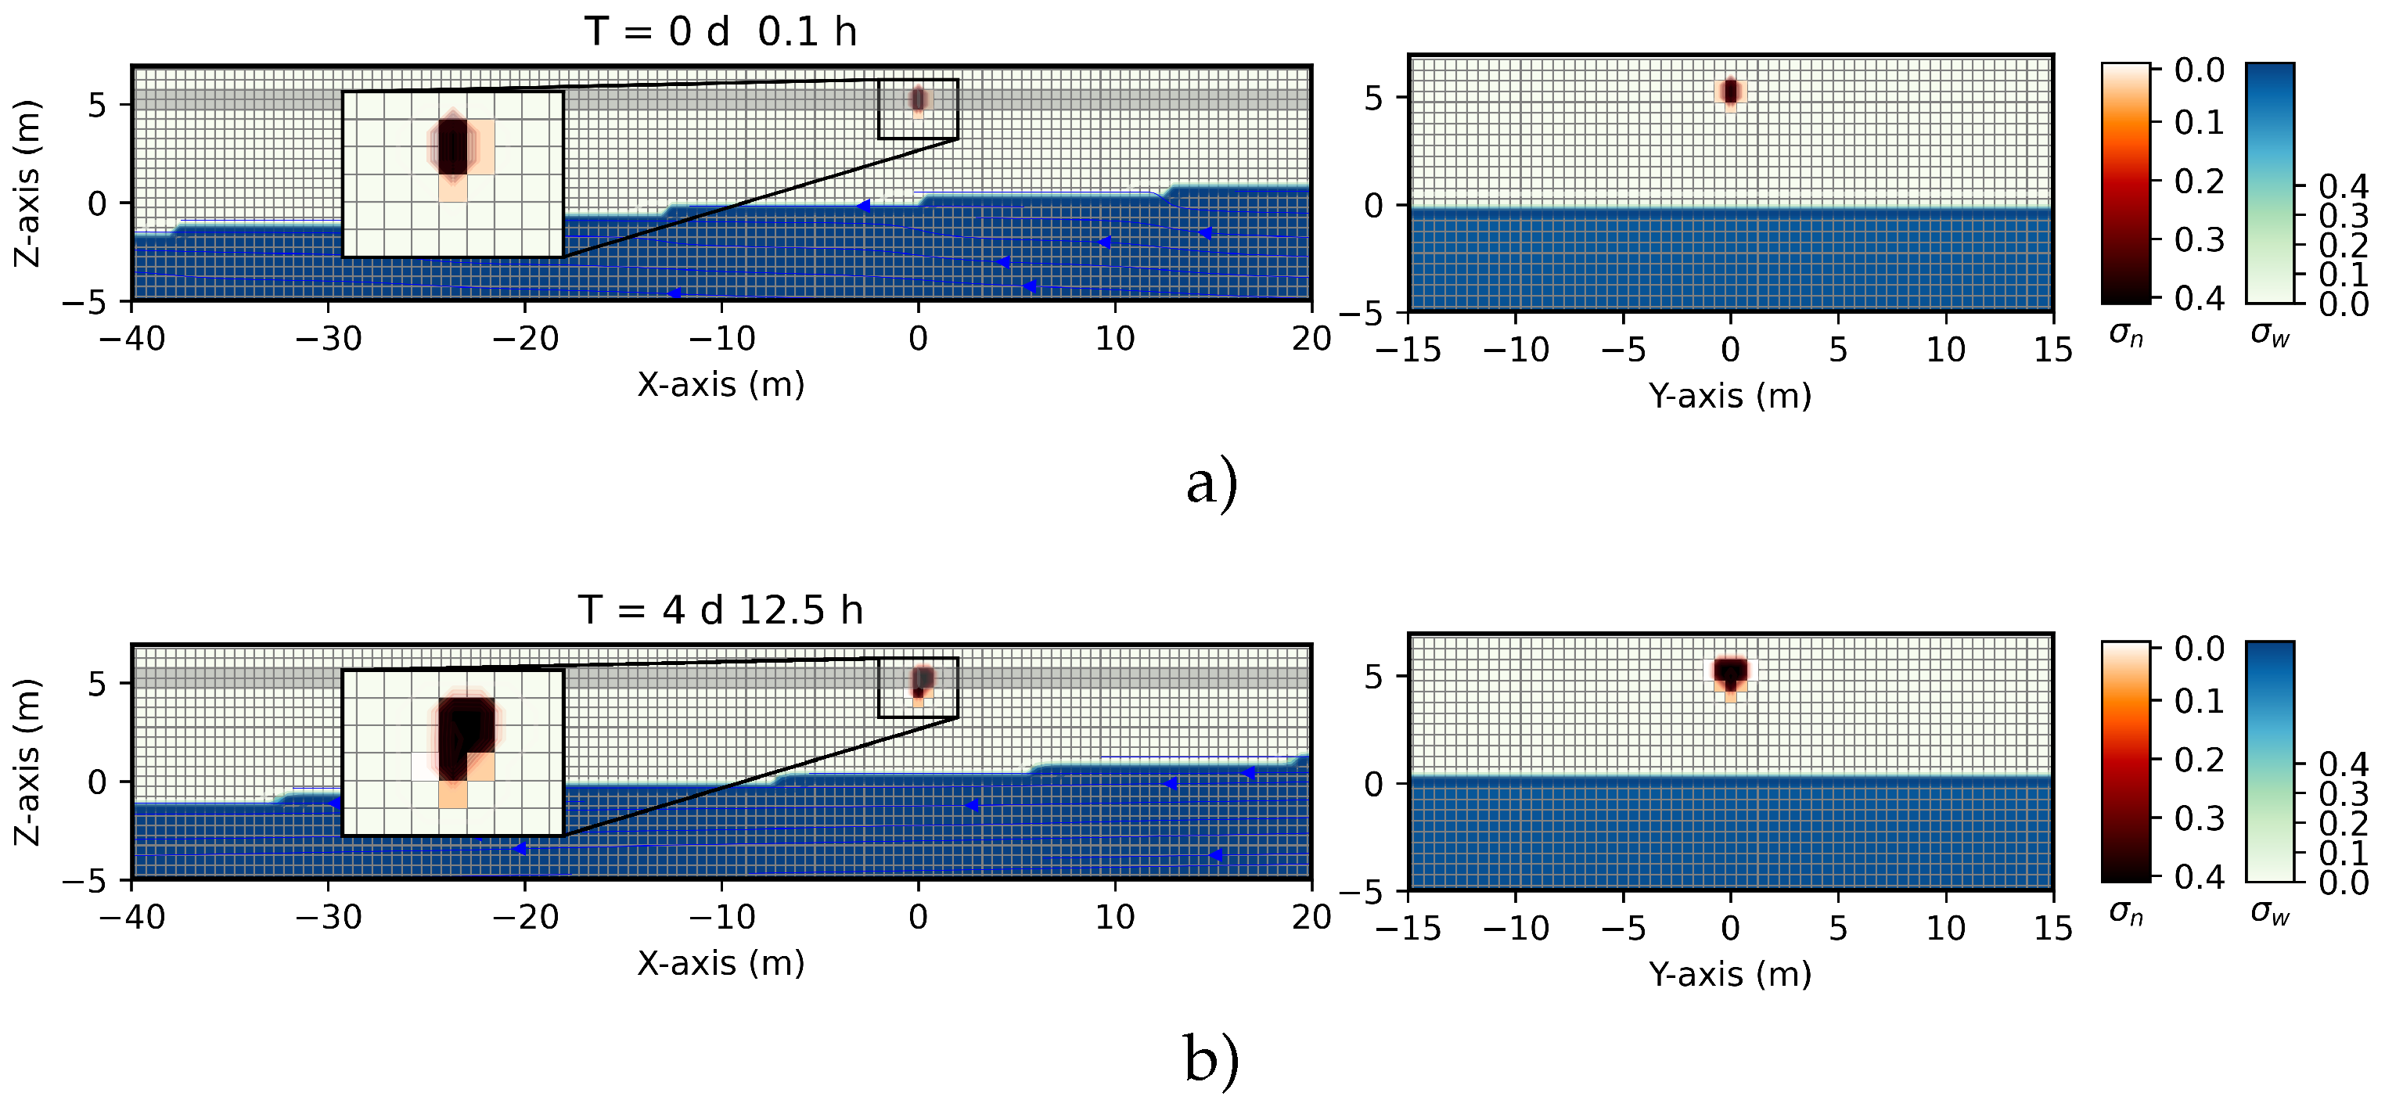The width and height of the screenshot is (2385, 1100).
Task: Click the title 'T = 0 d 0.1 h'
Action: coord(721,31)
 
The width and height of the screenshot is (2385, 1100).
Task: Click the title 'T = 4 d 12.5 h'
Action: coord(721,610)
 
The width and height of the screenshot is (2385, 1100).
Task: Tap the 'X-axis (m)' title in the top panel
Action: coord(721,383)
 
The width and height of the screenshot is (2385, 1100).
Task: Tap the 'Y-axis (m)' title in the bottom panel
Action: coord(1729,973)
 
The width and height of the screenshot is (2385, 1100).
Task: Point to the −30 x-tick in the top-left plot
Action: coord(329,339)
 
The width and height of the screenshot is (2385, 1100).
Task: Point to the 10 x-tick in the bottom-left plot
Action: coord(1115,917)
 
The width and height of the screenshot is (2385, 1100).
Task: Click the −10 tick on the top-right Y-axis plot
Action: coord(1516,349)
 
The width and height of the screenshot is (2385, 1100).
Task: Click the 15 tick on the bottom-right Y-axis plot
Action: coord(2052,927)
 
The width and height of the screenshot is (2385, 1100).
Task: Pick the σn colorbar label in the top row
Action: coord(2126,334)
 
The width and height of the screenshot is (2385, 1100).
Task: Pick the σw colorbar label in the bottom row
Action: coord(2270,913)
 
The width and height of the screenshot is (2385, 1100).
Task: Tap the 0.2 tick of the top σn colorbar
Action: coord(2200,181)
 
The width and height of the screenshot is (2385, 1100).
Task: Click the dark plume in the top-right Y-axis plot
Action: coord(1730,91)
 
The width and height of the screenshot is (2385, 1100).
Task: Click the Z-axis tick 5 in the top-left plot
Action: coord(98,105)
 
